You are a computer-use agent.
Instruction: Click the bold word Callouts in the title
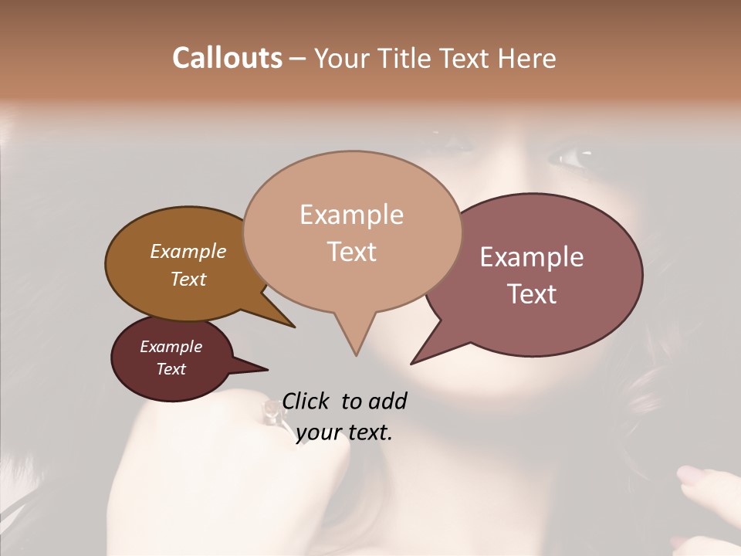(227, 58)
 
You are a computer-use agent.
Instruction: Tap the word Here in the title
(526, 58)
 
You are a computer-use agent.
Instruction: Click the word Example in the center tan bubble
(351, 215)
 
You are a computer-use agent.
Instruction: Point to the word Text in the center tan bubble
(351, 252)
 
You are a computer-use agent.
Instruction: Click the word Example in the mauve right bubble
(532, 257)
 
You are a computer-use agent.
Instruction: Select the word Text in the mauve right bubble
(532, 294)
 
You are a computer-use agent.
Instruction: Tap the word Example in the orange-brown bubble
(188, 252)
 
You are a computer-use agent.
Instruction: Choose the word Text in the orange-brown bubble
(188, 279)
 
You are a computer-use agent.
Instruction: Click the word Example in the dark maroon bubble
(171, 347)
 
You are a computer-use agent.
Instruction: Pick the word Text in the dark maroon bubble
(171, 369)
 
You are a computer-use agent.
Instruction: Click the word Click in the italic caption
(306, 402)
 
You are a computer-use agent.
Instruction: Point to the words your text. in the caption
(344, 433)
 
